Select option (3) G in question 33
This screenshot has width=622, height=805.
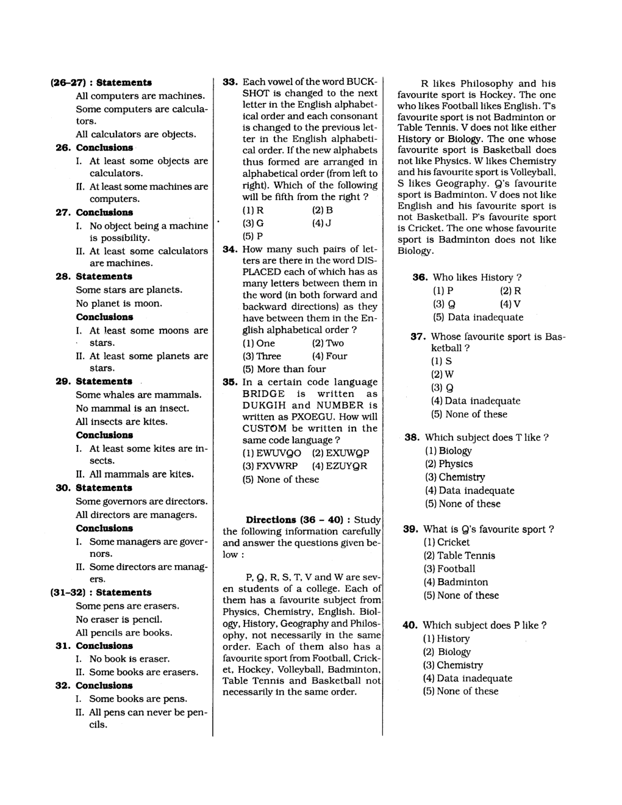253,223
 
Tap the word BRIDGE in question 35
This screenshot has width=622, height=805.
263,394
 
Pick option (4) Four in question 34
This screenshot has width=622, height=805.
329,356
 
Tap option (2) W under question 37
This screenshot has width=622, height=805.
442,374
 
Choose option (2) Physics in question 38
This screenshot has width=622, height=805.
449,464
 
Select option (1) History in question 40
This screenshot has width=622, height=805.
446,639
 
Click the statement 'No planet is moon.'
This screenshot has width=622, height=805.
119,303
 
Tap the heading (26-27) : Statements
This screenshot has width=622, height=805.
101,82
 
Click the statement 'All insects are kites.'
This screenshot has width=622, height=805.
121,421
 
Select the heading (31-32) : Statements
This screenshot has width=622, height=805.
100,592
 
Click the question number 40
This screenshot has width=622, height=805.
410,625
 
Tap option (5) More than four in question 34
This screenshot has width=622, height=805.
284,369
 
